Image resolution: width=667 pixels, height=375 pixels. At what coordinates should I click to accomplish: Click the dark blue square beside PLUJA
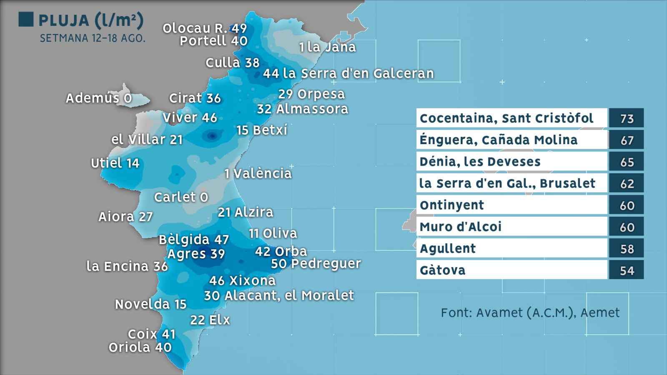click(x=26, y=20)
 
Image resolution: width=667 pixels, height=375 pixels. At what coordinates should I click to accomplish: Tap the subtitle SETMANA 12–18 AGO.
click(x=93, y=38)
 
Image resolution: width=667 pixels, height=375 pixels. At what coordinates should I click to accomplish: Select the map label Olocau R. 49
click(x=205, y=28)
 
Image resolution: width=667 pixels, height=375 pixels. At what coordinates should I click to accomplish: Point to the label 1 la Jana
click(x=327, y=47)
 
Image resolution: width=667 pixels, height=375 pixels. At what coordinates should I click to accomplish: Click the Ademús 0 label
click(x=99, y=98)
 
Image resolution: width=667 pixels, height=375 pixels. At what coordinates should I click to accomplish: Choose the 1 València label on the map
click(x=258, y=173)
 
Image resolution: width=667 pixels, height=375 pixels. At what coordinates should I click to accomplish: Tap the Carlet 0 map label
click(x=181, y=197)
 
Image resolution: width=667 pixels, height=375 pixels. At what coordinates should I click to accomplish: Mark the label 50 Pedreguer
click(x=316, y=264)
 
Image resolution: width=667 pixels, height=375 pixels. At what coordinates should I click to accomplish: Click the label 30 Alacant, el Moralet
click(x=279, y=295)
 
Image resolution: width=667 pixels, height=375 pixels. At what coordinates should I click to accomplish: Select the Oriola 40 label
click(x=140, y=347)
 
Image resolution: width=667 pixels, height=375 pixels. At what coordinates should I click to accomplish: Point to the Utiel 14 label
click(x=115, y=163)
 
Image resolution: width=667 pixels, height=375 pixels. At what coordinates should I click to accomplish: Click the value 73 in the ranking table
click(x=627, y=119)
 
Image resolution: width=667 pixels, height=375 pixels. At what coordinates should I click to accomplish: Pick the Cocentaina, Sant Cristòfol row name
click(x=506, y=118)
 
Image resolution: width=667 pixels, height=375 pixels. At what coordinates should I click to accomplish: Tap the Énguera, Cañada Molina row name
click(x=499, y=140)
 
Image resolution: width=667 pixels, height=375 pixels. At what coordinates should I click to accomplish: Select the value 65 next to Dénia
click(x=627, y=162)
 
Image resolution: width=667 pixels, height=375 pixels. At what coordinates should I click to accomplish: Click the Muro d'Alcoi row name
click(x=460, y=227)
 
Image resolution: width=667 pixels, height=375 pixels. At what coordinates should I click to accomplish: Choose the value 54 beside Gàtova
click(x=627, y=270)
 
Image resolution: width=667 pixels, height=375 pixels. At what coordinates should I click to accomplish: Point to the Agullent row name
click(x=447, y=248)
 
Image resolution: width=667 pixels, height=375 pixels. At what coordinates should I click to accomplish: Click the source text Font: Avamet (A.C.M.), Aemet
click(x=530, y=312)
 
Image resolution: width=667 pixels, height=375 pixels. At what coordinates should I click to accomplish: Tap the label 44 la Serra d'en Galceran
click(x=348, y=74)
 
